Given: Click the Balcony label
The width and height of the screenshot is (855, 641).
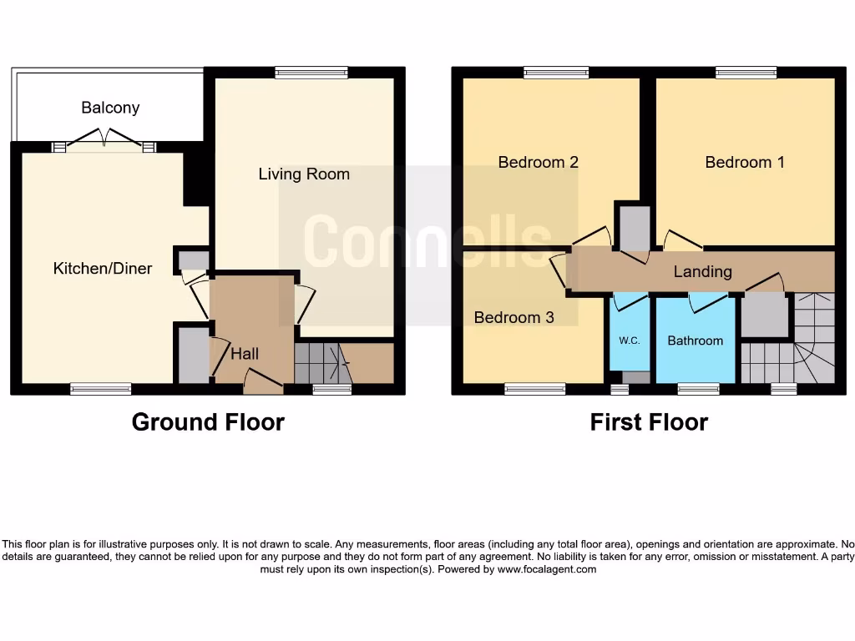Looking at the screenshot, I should (x=110, y=108).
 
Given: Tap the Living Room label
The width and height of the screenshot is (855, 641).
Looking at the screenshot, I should (x=304, y=174).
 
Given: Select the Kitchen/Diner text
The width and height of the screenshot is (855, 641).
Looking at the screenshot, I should (x=103, y=268).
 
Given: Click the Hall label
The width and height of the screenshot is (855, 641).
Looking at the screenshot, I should (x=245, y=353).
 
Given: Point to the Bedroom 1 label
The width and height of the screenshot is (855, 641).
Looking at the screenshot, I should (x=745, y=162).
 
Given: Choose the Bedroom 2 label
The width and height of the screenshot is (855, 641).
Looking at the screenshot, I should (x=539, y=162).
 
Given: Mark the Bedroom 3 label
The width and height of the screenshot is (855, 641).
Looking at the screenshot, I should (x=514, y=317).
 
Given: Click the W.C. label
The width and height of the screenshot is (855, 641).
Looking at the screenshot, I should (x=629, y=341).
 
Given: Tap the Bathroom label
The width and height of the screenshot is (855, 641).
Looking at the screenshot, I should (x=695, y=341).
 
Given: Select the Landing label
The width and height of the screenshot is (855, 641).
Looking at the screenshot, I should (x=703, y=271).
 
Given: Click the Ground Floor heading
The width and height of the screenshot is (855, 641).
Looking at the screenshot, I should (x=208, y=422).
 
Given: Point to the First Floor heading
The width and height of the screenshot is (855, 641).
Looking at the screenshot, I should (x=649, y=422).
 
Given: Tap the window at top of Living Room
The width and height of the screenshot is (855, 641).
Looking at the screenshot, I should (x=311, y=73).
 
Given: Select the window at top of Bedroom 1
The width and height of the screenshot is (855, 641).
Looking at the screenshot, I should (x=746, y=73).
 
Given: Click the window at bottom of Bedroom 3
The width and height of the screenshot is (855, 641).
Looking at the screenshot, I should (x=534, y=389).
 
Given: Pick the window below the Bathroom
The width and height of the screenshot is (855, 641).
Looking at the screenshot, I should (x=698, y=389).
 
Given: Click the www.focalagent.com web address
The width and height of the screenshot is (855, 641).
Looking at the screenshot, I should (x=547, y=569).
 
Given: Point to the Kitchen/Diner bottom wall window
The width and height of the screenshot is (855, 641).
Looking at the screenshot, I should (x=100, y=389).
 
